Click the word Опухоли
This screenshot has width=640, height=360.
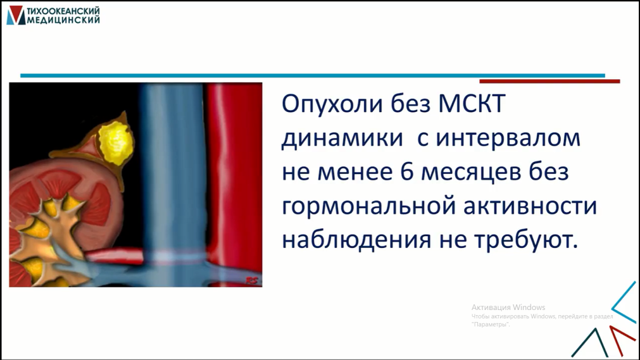(x=332, y=104)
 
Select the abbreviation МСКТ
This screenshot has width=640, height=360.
(x=472, y=104)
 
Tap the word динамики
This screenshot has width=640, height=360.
(x=342, y=139)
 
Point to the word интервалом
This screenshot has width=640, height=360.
(x=508, y=138)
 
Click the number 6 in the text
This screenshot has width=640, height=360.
(x=407, y=171)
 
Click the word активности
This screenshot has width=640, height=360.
(x=530, y=206)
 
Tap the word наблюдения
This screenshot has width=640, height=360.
(x=356, y=240)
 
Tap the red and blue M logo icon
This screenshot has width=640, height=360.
(x=16, y=16)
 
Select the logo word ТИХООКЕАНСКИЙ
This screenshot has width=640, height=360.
(x=63, y=11)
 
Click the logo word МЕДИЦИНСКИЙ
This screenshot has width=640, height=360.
(x=63, y=20)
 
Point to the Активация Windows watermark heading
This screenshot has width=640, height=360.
(x=508, y=307)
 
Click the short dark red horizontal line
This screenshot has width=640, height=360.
(x=550, y=82)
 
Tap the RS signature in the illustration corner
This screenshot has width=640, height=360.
(x=252, y=281)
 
